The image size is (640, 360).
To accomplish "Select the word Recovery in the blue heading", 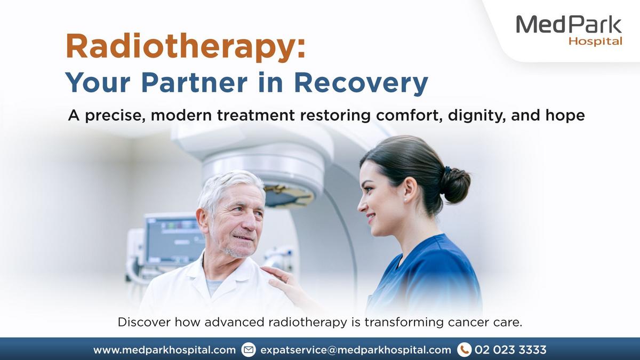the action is pos(361,83).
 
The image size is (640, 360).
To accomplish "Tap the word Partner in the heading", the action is pos(194,82).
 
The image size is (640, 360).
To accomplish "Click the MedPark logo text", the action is pos(569,25).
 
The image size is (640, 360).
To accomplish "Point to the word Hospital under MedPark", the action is pos(595,42).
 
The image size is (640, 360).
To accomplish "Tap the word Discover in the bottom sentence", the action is pos(144,322).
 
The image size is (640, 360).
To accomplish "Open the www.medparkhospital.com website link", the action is pos(165,350).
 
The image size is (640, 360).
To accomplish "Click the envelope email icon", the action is pos(249,350).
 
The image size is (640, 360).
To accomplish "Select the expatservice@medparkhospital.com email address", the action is pos(355,350).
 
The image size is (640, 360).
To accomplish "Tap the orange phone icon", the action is pos(465,350).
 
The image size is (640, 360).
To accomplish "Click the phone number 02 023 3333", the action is pos(510,350).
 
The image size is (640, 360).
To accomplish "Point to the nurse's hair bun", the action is pos(455,185).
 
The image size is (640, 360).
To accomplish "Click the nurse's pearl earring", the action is pos(405,200).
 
